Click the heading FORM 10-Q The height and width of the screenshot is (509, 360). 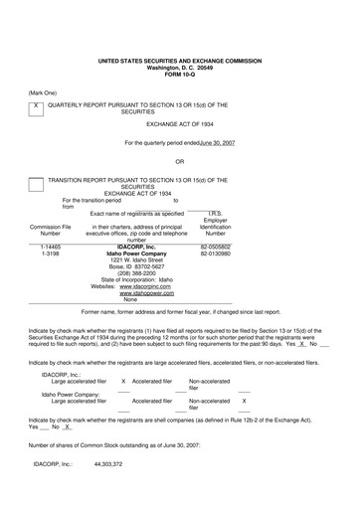pyautogui.click(x=179, y=75)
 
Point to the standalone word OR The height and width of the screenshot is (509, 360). pyautogui.click(x=179, y=161)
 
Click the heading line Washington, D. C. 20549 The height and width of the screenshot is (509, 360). pyautogui.click(x=179, y=68)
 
